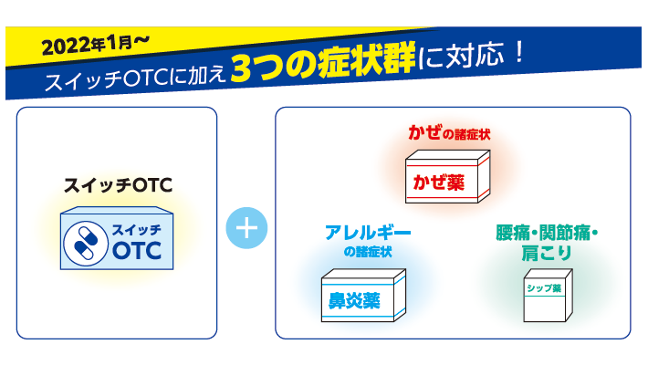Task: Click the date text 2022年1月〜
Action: pos(96,44)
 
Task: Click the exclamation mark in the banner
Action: pos(519,53)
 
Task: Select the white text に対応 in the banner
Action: pos(461,57)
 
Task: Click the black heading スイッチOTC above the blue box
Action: pos(118,185)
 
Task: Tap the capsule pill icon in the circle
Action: pos(86,244)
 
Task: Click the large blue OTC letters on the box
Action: pos(137,250)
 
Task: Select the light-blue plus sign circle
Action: pos(246,228)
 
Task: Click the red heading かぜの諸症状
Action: pos(449,133)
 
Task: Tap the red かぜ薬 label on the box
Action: pos(439,182)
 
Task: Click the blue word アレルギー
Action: pos(368,233)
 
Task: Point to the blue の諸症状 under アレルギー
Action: pos(368,252)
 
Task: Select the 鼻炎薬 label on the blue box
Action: pos(354,300)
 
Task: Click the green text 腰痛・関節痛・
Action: pos(547,233)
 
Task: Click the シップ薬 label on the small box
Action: pos(544,288)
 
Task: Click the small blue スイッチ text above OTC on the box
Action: pos(137,230)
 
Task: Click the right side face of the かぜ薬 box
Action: pos(484,176)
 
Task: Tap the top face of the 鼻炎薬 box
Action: pos(363,274)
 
